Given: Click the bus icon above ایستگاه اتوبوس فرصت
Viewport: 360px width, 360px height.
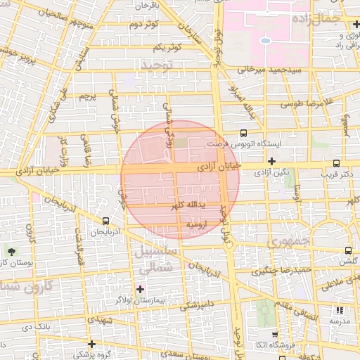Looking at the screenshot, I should pyautogui.click(x=243, y=132).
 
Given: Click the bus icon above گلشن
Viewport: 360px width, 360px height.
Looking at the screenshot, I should pyautogui.click(x=348, y=250).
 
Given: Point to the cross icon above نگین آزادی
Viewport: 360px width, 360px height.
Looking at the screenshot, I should pyautogui.click(x=271, y=161).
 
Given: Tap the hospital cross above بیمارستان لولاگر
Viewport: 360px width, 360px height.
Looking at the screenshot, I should pyautogui.click(x=140, y=289).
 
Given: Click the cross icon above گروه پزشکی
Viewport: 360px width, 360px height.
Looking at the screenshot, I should pyautogui.click(x=91, y=343).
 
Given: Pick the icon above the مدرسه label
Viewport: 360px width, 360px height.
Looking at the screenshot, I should pyautogui.click(x=340, y=309).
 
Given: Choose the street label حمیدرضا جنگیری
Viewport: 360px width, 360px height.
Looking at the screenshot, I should pyautogui.click(x=282, y=269).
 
